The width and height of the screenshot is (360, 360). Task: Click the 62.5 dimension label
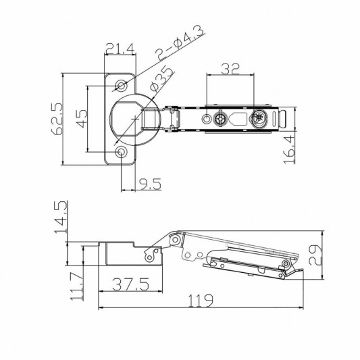tap(57, 118)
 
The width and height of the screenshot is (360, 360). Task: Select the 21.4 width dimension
tap(120, 49)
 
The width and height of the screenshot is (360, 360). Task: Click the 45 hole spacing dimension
tap(82, 118)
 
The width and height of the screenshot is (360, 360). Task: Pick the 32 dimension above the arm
tap(230, 69)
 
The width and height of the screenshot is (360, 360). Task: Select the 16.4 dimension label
tap(289, 149)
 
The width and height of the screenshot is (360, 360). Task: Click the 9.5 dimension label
tap(150, 184)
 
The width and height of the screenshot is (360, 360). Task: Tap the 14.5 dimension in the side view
tap(61, 217)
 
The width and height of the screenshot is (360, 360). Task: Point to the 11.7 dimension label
tap(77, 286)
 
